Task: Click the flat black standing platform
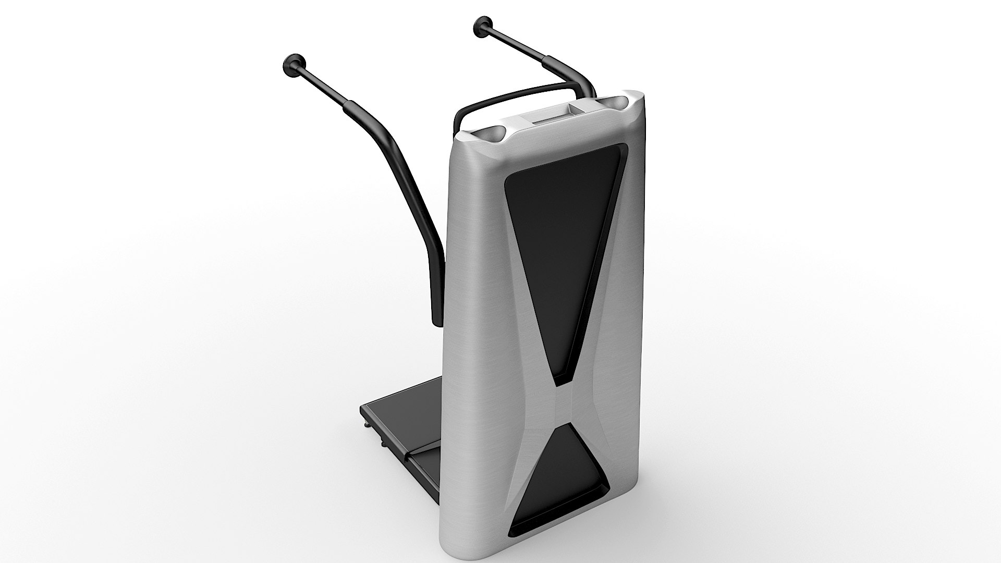[407, 417]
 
